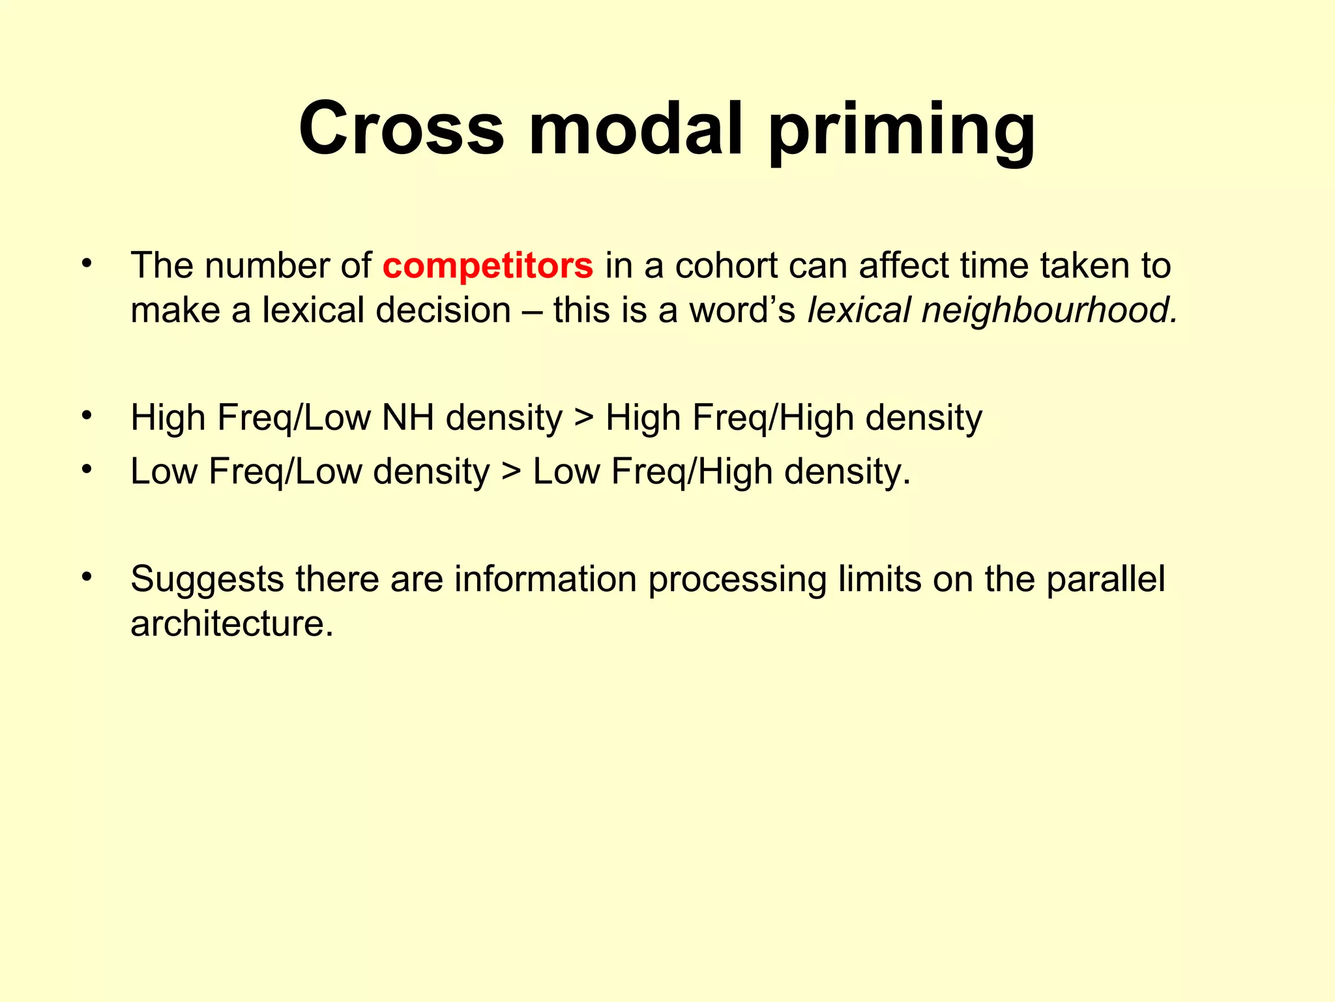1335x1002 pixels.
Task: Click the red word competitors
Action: tap(488, 266)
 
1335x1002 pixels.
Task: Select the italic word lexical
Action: tap(858, 310)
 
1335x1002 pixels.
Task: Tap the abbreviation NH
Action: tap(408, 417)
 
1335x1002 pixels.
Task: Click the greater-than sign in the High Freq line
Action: tap(584, 419)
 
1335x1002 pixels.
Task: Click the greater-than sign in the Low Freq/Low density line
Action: tap(512, 472)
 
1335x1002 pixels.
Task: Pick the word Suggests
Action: tap(207, 580)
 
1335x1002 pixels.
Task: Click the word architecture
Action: tap(231, 624)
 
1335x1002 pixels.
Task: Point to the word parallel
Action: tap(1106, 579)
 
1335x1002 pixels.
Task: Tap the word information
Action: tap(545, 579)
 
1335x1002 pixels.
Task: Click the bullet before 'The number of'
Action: tap(87, 264)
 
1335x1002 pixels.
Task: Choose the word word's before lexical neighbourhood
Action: tap(742, 310)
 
